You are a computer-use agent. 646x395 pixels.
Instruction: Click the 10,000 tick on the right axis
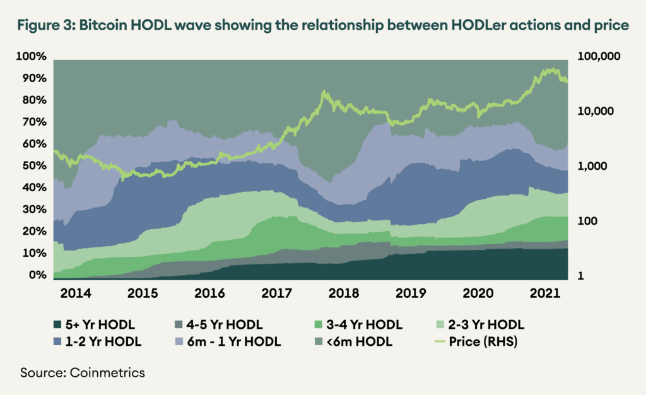tap(596, 112)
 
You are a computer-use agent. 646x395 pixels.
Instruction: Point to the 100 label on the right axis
tap(587, 221)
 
